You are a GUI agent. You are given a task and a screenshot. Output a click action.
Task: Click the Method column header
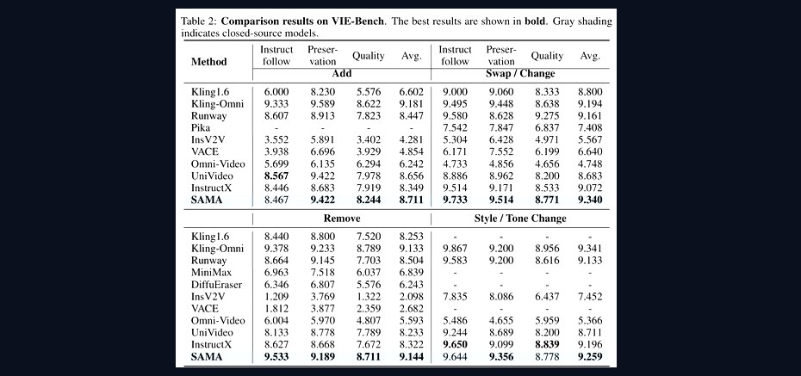click(208, 62)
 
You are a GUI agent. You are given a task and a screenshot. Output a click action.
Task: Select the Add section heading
click(342, 73)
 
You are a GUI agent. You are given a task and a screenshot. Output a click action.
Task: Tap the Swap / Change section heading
click(520, 73)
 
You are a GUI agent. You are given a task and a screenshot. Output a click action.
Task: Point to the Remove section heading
click(342, 219)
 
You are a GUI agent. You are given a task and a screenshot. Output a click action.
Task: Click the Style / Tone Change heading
click(520, 219)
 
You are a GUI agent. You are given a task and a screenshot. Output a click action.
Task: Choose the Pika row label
click(200, 128)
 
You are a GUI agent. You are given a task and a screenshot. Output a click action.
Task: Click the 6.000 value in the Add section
click(276, 92)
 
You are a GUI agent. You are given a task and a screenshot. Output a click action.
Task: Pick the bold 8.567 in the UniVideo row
click(276, 176)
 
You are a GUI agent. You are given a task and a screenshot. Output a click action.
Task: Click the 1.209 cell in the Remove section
click(276, 297)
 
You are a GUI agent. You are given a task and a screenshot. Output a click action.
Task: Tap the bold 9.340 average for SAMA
click(589, 200)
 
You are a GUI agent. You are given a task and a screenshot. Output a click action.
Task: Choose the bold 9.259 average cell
click(589, 357)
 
